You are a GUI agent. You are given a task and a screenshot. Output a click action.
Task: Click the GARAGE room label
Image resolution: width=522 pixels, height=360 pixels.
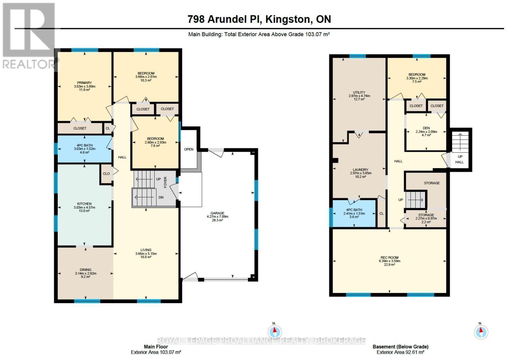coord(217,213)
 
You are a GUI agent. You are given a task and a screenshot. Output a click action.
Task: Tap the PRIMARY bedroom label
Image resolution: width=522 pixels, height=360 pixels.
coord(84,83)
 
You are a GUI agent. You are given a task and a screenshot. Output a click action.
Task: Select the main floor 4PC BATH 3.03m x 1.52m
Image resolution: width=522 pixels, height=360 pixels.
coord(84,149)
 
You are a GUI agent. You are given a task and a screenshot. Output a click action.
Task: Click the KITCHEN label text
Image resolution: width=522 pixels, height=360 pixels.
coord(84,204)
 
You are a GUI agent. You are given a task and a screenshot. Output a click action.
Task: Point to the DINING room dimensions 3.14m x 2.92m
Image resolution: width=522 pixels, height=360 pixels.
coord(85,274)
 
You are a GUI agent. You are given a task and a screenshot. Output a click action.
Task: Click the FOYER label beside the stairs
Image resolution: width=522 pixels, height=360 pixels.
coord(165,182)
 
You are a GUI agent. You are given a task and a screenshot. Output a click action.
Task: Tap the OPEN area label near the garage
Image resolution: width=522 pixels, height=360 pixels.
coord(189,149)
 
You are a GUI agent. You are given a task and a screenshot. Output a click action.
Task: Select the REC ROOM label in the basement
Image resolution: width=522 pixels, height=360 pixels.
coord(389,258)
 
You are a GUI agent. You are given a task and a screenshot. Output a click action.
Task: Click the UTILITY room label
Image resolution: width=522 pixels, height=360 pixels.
coord(359,92)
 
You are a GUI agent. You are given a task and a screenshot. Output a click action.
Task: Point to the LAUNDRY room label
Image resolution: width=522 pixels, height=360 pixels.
coord(361,170)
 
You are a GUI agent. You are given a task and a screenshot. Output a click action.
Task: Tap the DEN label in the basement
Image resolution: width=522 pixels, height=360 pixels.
coord(426,128)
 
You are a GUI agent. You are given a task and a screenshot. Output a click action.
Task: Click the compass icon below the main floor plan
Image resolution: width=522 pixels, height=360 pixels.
coord(275,332)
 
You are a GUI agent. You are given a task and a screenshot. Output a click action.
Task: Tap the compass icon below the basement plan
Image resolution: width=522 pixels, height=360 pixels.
coord(481,332)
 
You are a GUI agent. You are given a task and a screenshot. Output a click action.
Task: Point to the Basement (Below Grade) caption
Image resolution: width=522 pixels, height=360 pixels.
coord(400,347)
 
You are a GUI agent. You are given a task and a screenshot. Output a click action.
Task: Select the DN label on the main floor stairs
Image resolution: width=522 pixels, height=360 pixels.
coord(161,197)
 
